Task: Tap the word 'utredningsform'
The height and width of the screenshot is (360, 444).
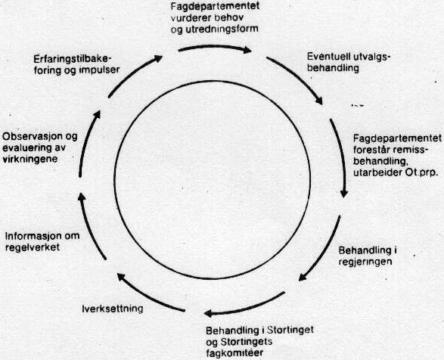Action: click(222, 29)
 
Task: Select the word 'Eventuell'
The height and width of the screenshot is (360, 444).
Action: click(326, 57)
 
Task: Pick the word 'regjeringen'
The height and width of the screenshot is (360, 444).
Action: click(365, 262)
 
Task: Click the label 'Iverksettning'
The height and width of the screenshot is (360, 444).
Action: click(113, 309)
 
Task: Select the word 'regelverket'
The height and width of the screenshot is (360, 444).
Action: click(33, 247)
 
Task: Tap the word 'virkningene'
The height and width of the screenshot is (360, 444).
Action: click(30, 159)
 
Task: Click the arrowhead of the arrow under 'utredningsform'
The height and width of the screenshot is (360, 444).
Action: click(248, 51)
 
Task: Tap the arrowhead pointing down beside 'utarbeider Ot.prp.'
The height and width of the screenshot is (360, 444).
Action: click(343, 194)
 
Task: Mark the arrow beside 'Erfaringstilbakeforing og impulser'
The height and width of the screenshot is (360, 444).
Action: click(132, 74)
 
